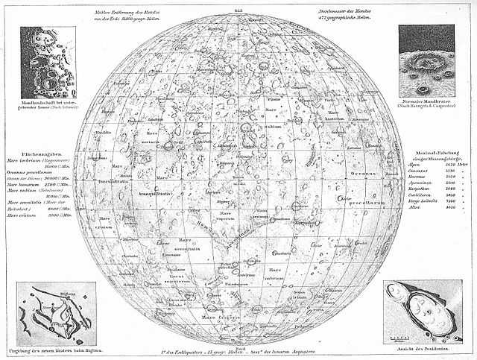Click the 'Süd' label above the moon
tap(238, 7)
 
